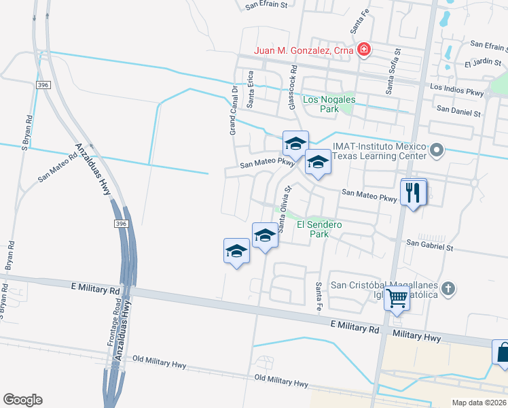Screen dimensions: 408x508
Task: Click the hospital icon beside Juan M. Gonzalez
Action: coord(365,50)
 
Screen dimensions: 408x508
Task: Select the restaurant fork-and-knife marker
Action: coord(413,192)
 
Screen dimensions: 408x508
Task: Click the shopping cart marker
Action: coord(397,298)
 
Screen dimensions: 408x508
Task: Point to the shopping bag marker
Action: coord(503,354)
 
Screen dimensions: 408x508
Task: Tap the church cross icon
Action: coord(447,289)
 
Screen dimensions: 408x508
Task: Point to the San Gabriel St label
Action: coord(429,243)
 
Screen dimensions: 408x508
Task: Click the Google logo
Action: coord(22,399)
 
